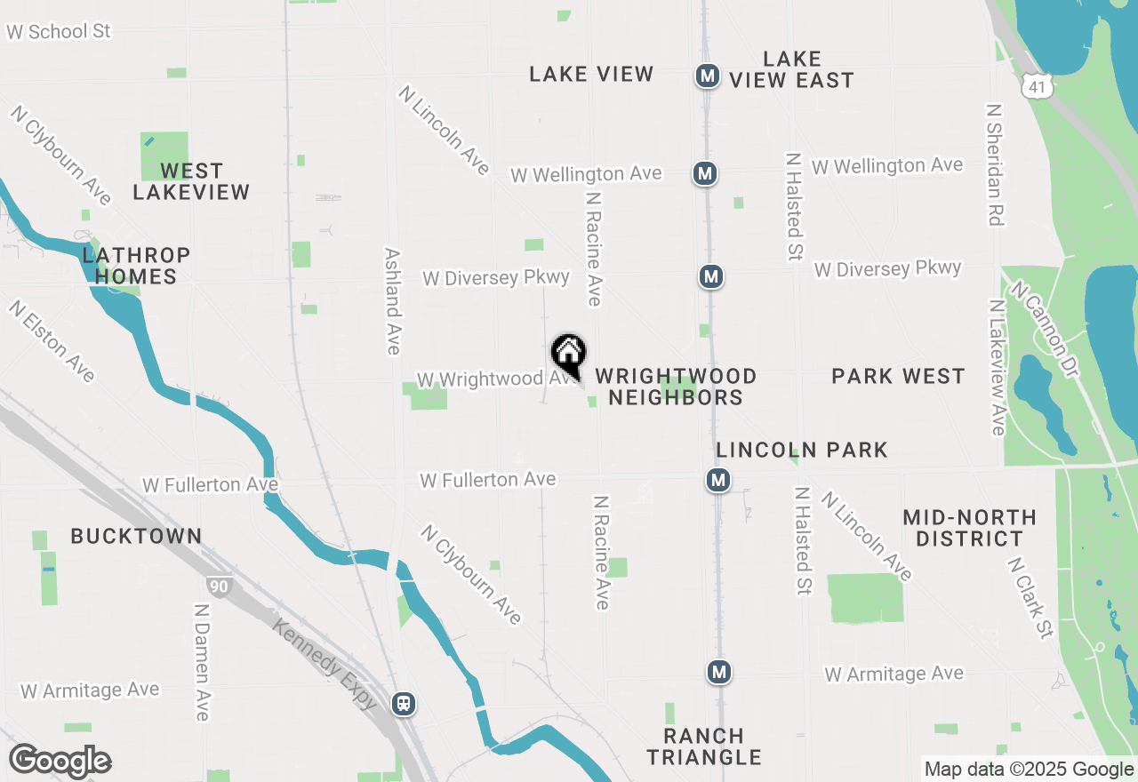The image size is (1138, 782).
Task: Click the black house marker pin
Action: [x=569, y=355]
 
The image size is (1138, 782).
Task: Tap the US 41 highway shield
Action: [x=1037, y=84]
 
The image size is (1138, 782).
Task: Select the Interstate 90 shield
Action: [x=218, y=586]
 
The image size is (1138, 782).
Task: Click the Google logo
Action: [x=60, y=761]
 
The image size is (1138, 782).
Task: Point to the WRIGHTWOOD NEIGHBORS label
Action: [x=676, y=387]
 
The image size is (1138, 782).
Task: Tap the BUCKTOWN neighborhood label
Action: [x=136, y=536]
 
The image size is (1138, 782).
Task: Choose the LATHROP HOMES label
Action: [x=136, y=266]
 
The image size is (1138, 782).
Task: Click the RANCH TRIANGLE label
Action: [x=704, y=746]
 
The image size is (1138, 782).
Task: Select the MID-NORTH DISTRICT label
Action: [x=969, y=528]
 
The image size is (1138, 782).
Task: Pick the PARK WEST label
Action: [x=898, y=376]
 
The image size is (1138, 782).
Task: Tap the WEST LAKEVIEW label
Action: [x=191, y=180]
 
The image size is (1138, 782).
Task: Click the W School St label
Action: [x=58, y=31]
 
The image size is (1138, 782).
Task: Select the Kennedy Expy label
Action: [x=325, y=663]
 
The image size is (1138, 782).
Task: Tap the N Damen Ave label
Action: [x=202, y=662]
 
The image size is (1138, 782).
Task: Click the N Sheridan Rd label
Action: [x=995, y=164]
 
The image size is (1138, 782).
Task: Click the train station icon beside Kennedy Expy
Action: [x=404, y=704]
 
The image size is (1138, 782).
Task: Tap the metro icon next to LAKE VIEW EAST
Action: [x=707, y=76]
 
